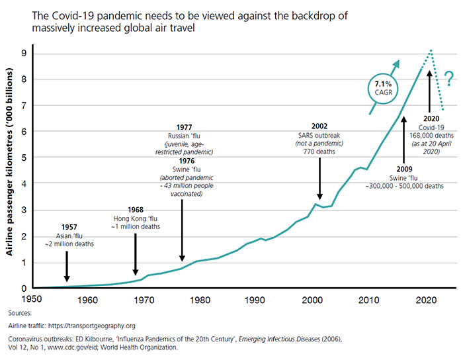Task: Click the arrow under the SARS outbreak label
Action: tap(319, 177)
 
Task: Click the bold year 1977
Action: tap(185, 126)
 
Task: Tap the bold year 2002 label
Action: tap(319, 126)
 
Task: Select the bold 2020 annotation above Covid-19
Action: tap(430, 118)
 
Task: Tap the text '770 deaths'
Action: tap(319, 152)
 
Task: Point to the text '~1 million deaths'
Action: tap(137, 226)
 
